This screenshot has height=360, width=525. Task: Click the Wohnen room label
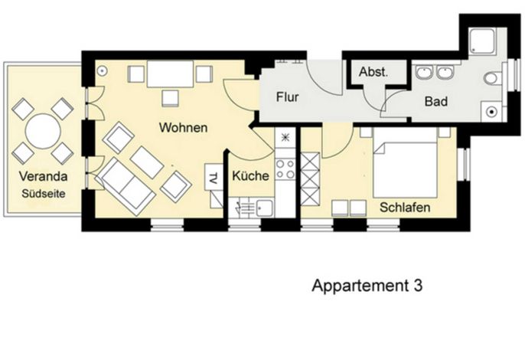(183, 127)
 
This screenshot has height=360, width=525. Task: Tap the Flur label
(287, 97)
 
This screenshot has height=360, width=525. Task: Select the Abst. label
(373, 72)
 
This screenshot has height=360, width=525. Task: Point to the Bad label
(436, 101)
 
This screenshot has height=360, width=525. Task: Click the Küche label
(250, 175)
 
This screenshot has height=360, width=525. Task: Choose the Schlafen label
(405, 207)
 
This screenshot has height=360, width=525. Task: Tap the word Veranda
(43, 176)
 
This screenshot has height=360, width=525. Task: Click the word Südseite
(44, 194)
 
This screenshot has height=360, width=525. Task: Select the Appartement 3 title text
(367, 286)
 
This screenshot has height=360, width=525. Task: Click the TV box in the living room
(214, 177)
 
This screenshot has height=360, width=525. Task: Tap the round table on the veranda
(43, 132)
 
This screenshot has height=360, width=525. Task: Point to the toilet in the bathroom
(493, 79)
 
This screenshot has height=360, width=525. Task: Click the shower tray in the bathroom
(482, 41)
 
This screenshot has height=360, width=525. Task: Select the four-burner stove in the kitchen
(285, 169)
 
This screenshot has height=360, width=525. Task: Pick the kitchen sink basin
(264, 208)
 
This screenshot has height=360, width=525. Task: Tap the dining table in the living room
(170, 74)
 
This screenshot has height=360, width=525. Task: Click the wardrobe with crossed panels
(310, 179)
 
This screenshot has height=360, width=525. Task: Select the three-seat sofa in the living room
(126, 185)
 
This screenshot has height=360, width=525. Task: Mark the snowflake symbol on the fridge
(285, 137)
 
